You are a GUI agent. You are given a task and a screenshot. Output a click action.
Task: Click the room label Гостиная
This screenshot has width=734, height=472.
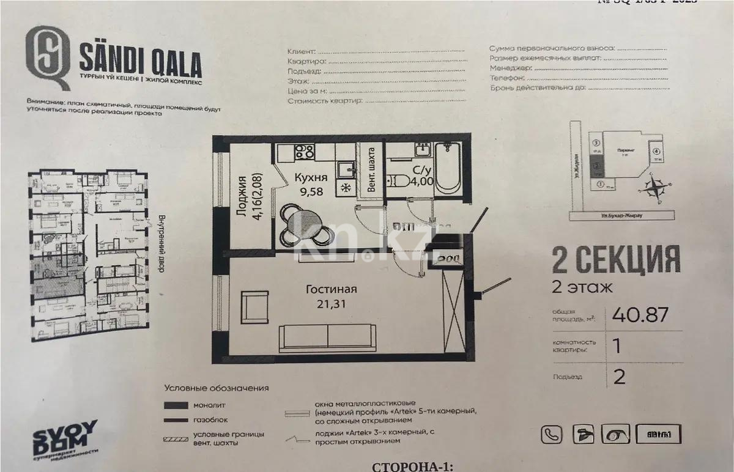point(332,290)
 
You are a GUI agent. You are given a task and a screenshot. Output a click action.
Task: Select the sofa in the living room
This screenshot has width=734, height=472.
point(328,337)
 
